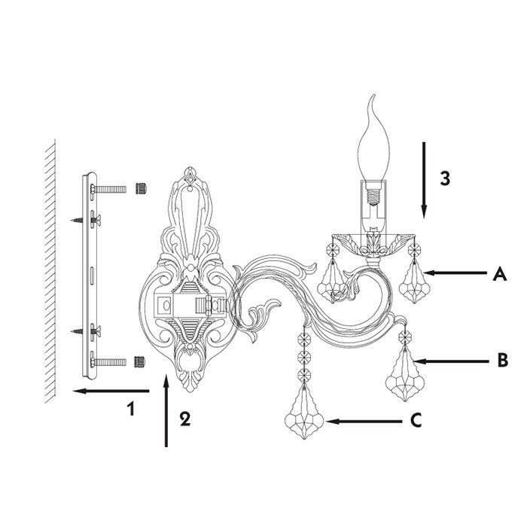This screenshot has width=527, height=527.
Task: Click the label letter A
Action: point(500,273)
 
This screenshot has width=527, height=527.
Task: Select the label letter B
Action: point(502,361)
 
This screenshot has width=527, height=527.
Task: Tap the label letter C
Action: point(416,420)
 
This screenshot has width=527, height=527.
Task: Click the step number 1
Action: point(131,408)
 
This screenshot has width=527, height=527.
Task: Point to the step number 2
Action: point(185,419)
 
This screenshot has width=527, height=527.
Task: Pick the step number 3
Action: point(445,178)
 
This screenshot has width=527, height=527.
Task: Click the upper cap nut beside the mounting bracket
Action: point(142,188)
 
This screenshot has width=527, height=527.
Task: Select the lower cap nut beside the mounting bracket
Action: point(140,362)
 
